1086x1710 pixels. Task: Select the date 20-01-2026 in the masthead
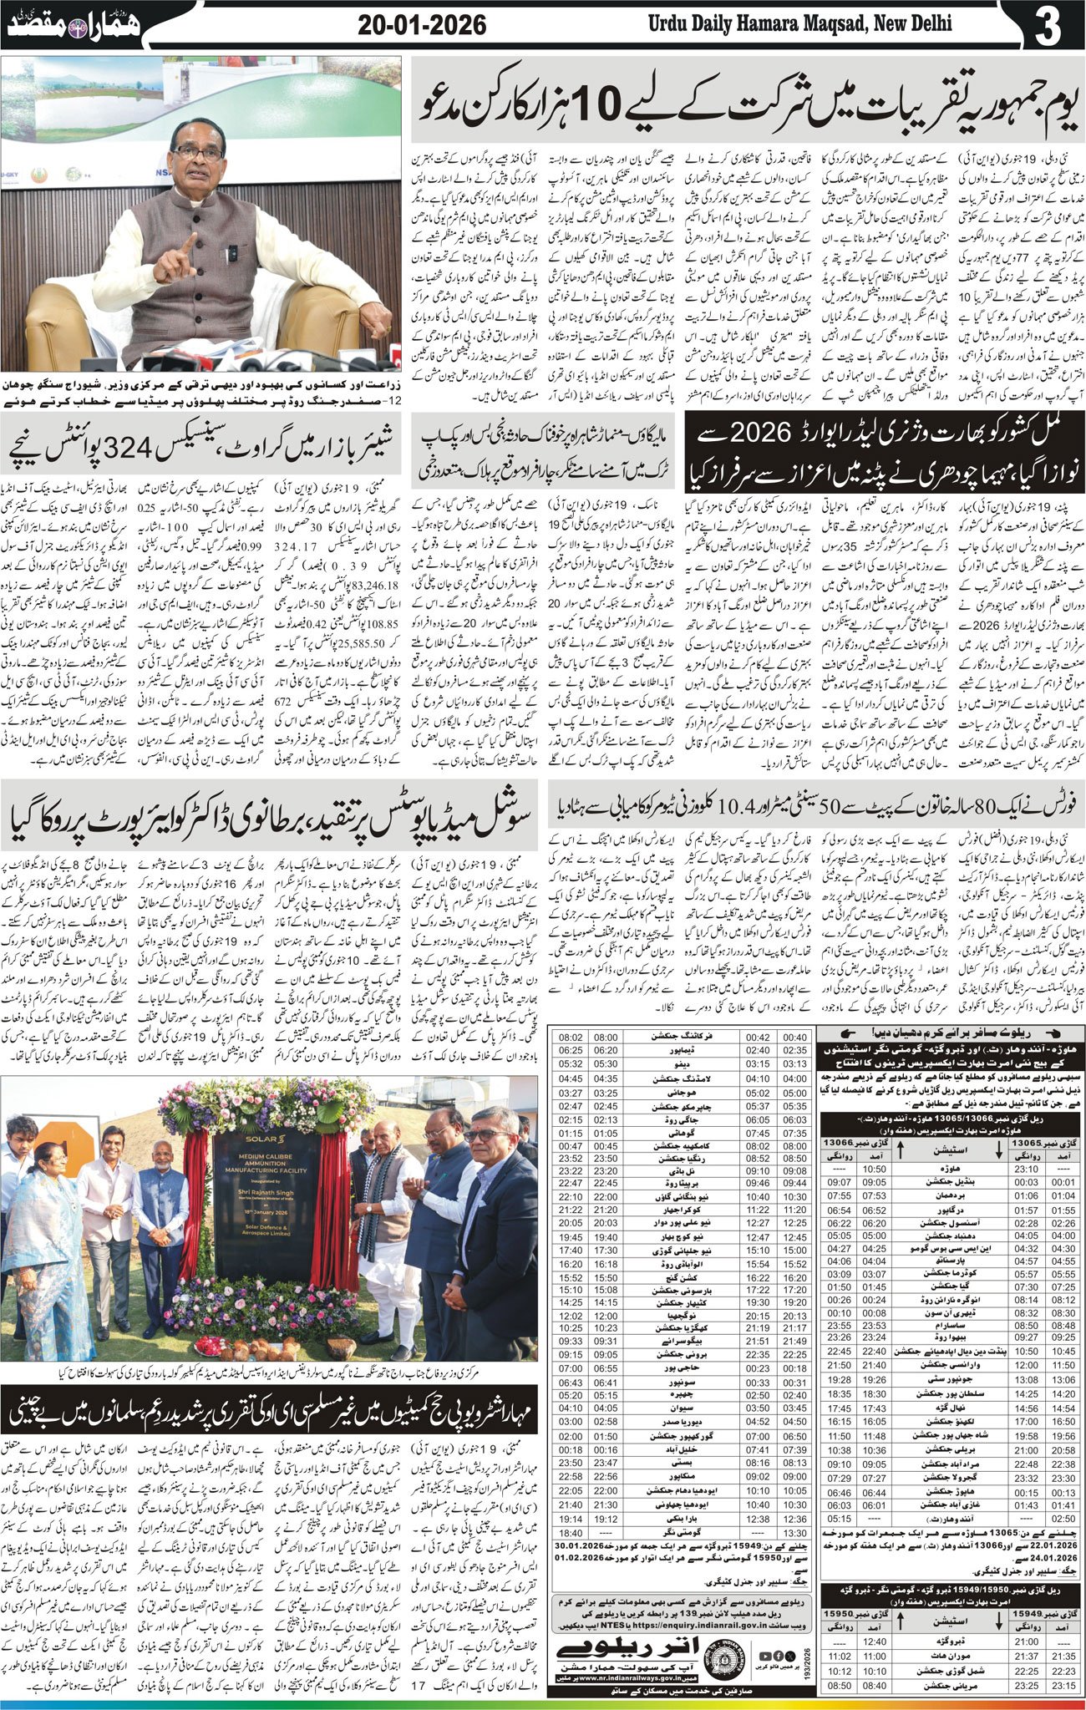(421, 25)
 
